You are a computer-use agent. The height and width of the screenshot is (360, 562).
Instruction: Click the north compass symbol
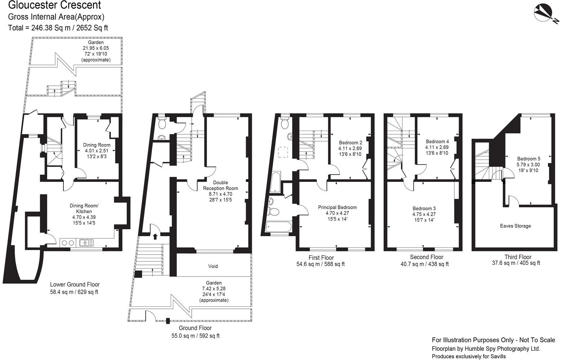point(544,14)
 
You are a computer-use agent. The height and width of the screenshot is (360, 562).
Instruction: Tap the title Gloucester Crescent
point(54,5)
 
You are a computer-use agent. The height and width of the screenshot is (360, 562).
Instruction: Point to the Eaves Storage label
point(515,226)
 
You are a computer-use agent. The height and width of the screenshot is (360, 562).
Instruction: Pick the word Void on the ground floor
point(213,266)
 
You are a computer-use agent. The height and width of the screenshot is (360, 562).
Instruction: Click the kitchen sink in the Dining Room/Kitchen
point(86,243)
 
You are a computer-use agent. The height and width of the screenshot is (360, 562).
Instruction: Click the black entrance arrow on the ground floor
point(155,237)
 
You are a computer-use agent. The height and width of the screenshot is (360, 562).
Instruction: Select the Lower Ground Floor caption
point(75,284)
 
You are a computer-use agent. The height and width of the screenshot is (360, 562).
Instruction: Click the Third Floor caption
point(518,257)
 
